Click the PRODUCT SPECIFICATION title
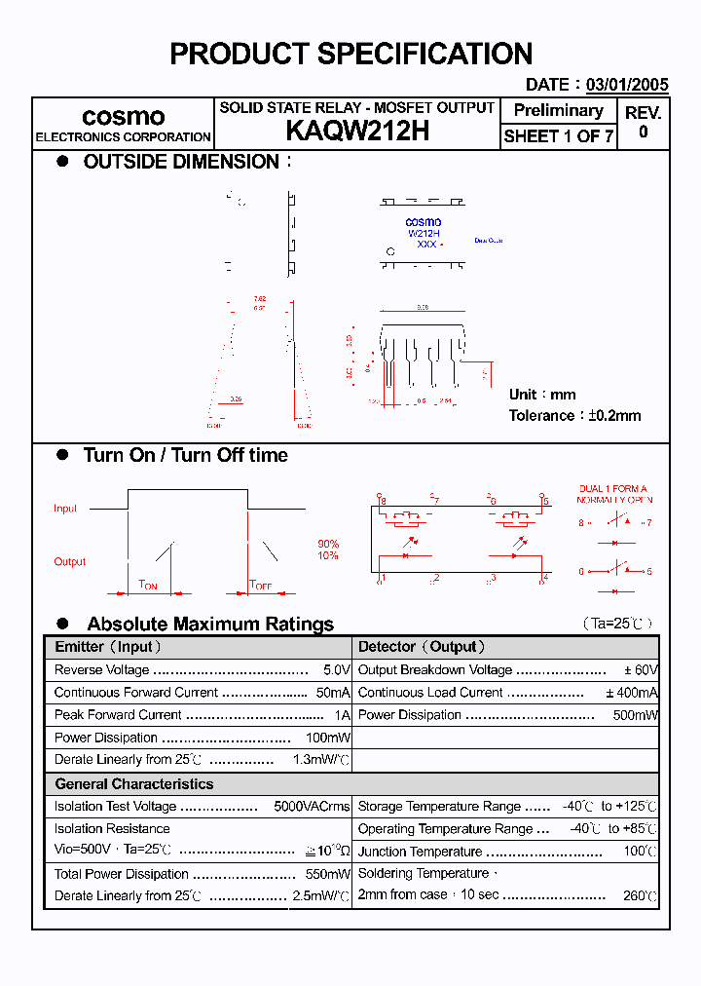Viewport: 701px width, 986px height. (350, 54)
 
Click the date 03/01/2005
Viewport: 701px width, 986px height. (628, 85)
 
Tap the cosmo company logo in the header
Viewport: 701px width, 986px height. (123, 117)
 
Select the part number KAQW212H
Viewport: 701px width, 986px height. (357, 132)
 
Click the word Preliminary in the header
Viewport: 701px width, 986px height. (558, 110)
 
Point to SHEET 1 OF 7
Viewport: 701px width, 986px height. (558, 136)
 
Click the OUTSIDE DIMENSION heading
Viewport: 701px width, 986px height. (181, 162)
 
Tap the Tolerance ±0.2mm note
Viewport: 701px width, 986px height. (574, 415)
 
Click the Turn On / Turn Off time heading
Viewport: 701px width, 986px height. (185, 455)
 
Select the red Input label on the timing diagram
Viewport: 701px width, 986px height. (65, 509)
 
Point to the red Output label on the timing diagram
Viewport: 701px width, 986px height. (69, 561)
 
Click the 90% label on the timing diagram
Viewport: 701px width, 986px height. (328, 544)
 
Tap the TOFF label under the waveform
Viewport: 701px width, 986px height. (260, 585)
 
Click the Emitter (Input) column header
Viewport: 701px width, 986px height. (108, 647)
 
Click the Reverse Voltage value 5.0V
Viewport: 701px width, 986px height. (336, 670)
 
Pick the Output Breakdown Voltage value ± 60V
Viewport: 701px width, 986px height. (641, 670)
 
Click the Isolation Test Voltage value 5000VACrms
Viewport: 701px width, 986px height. (312, 807)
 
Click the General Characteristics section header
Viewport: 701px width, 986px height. (133, 784)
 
